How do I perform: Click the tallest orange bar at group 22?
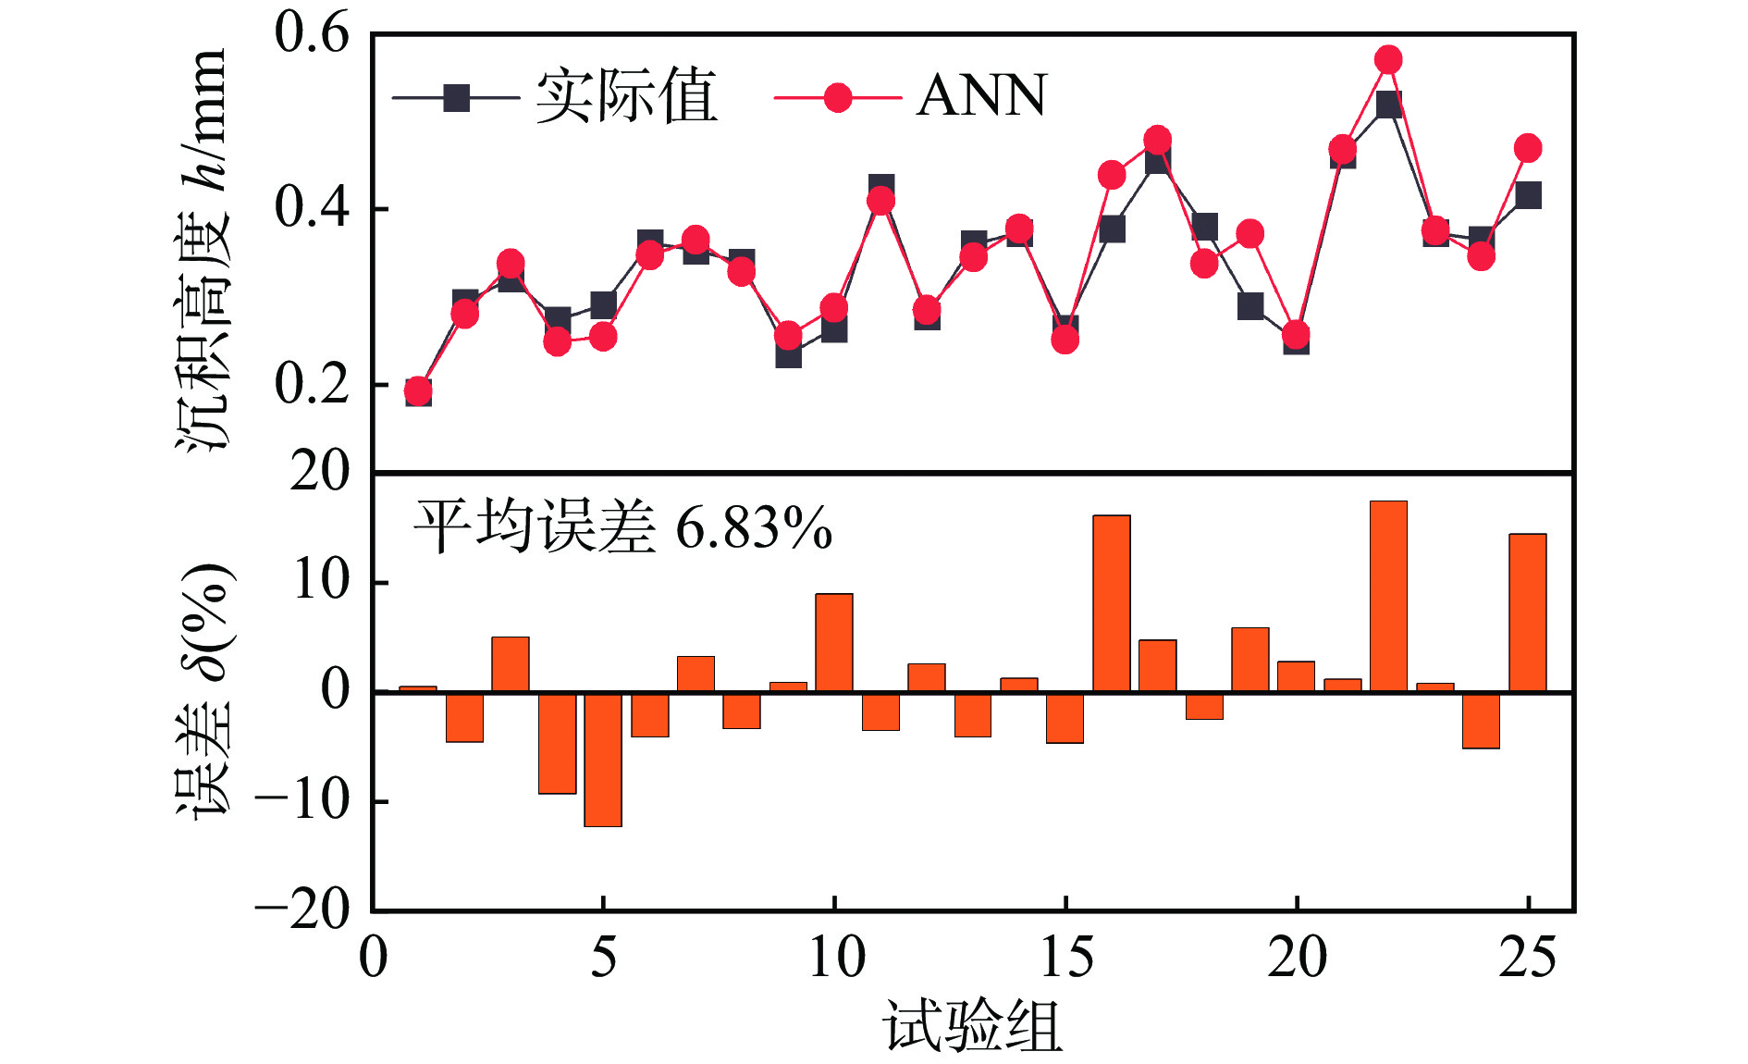[x=1388, y=597]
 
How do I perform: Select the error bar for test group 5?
[x=603, y=759]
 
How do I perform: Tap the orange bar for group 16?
[x=1111, y=603]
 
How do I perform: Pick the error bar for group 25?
[x=1527, y=612]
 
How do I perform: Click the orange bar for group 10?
[x=834, y=643]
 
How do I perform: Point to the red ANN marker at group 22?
[x=1388, y=60]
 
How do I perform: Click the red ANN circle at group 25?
[x=1528, y=148]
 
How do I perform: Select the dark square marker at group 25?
[x=1528, y=195]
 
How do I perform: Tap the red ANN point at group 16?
[x=1112, y=175]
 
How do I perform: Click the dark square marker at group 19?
[x=1250, y=306]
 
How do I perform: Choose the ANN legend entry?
[x=980, y=96]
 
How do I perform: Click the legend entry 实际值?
[x=625, y=96]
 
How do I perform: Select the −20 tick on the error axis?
[x=302, y=911]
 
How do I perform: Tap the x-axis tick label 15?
[x=1065, y=958]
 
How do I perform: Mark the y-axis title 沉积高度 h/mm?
[x=201, y=250]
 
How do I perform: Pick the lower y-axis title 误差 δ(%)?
[x=203, y=689]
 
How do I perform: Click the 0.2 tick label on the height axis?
[x=312, y=384]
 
